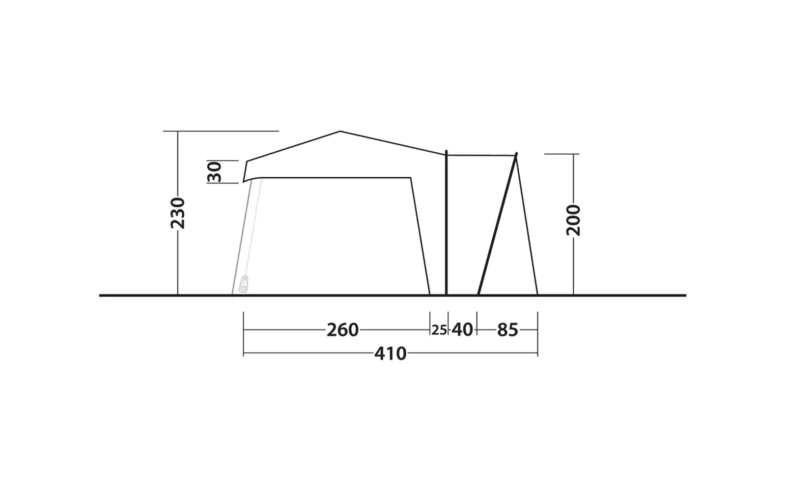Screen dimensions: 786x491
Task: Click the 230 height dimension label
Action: (177, 213)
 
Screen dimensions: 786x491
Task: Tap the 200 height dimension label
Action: (573, 220)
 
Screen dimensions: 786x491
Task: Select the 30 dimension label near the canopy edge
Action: (214, 172)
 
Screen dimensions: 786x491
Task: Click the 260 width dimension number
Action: (342, 330)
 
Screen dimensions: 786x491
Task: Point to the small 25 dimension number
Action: (439, 330)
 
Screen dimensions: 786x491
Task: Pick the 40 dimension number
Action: (462, 330)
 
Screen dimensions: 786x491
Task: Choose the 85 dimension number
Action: (507, 330)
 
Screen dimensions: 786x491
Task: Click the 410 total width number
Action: (390, 354)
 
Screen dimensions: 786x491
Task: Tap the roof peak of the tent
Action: (339, 132)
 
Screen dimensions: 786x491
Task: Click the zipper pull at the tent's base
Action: (243, 284)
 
